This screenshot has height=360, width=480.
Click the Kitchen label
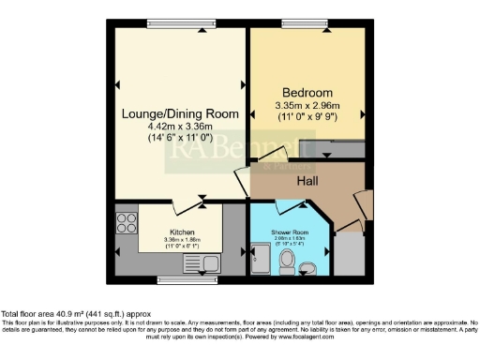182,231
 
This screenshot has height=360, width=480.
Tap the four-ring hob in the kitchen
126,224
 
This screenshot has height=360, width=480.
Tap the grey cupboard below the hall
350,253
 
